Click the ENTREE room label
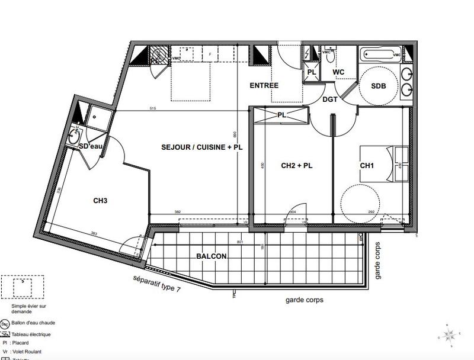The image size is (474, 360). pyautogui.click(x=264, y=86)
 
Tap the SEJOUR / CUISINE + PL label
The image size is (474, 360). pyautogui.click(x=202, y=146)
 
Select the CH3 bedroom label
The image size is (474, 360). pyautogui.click(x=100, y=201)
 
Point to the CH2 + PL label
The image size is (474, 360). pyautogui.click(x=296, y=166)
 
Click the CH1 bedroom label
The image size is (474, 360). pyautogui.click(x=367, y=166)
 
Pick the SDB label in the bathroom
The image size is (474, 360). pyautogui.click(x=378, y=86)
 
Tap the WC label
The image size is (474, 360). pyautogui.click(x=338, y=72)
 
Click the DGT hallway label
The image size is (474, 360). pyautogui.click(x=330, y=99)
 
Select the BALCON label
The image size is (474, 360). pyautogui.click(x=212, y=256)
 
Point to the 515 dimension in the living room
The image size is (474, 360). pyautogui.click(x=153, y=109)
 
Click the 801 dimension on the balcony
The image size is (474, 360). pyautogui.click(x=240, y=242)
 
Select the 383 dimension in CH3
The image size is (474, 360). pyautogui.click(x=93, y=233)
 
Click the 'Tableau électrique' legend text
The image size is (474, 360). pyautogui.click(x=34, y=334)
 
